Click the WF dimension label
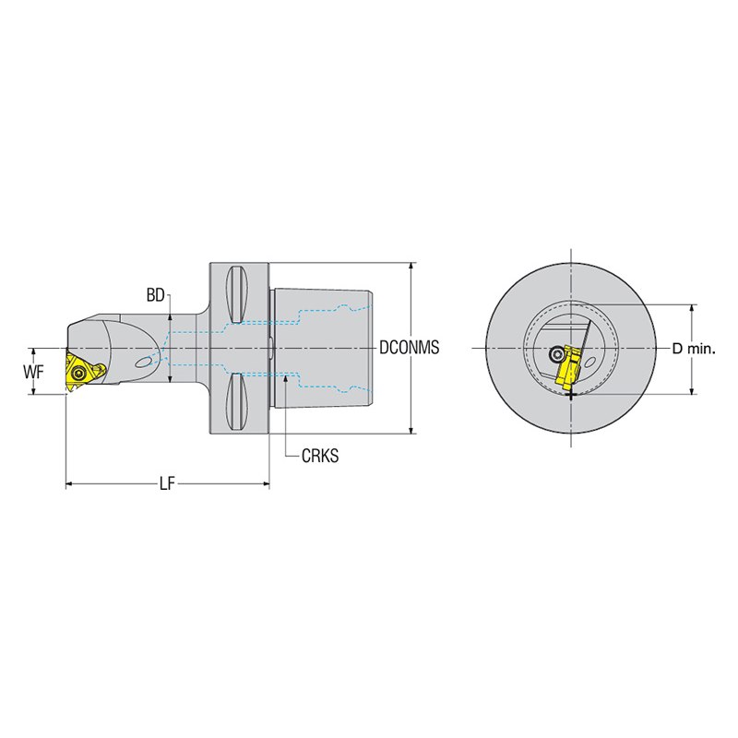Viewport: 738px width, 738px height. [x=33, y=373]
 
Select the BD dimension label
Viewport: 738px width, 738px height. [x=155, y=295]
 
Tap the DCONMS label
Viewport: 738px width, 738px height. [x=409, y=348]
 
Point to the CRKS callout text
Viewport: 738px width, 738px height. [x=320, y=456]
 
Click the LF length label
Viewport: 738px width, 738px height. [x=167, y=483]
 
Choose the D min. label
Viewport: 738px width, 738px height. [x=694, y=349]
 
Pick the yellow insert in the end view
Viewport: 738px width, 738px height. [x=570, y=368]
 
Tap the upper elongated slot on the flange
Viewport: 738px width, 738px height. [x=237, y=294]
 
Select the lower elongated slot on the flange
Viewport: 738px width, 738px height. [x=237, y=401]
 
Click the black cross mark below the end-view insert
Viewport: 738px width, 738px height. [x=571, y=395]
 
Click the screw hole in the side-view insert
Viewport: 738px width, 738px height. [x=78, y=374]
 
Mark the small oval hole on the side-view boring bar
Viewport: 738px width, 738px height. [x=144, y=361]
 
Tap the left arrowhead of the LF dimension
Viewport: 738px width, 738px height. [x=68, y=483]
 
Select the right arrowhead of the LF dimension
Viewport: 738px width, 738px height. [x=266, y=483]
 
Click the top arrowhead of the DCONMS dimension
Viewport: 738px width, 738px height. [x=411, y=267]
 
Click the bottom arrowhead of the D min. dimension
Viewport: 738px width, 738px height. [x=691, y=390]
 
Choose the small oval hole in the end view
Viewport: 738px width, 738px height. [x=590, y=362]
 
